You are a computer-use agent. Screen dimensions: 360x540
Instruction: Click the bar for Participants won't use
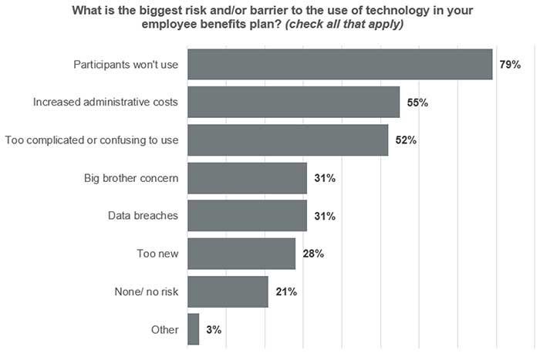339,64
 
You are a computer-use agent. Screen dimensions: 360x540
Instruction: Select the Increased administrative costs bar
293,102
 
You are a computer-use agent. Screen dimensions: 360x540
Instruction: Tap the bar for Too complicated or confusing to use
288,140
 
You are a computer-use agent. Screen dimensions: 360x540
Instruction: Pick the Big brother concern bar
247,178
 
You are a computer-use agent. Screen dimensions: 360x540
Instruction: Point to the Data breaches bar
247,216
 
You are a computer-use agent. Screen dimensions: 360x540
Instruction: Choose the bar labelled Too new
241,254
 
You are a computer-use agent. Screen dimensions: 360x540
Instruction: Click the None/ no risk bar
228,291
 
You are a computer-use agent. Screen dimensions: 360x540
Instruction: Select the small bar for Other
193,329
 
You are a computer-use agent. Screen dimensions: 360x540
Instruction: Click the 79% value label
510,65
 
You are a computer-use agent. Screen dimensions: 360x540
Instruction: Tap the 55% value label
417,103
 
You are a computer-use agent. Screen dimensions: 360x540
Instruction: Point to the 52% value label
406,140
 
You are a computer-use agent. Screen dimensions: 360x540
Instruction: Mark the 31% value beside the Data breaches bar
325,217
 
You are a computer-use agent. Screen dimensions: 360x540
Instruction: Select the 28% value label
313,254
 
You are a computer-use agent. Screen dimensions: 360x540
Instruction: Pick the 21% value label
285,292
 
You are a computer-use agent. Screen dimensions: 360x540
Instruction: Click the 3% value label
214,330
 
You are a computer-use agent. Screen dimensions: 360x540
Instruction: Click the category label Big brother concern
131,178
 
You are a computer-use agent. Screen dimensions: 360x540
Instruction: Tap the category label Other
165,330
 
